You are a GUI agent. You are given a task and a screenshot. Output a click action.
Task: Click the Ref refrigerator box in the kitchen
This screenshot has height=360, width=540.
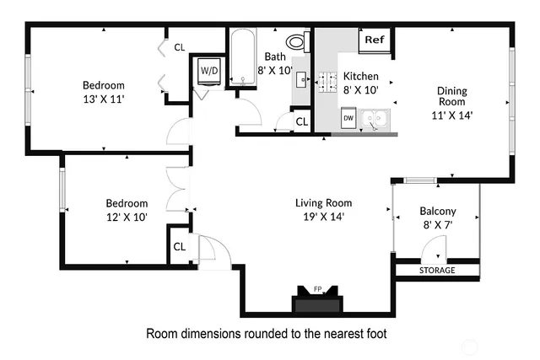[375, 40]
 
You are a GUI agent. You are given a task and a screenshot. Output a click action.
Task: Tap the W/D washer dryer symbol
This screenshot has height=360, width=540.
[208, 72]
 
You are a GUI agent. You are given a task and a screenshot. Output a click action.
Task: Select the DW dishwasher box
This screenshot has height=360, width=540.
[348, 120]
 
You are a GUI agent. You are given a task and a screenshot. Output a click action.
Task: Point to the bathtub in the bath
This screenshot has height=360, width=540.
[243, 58]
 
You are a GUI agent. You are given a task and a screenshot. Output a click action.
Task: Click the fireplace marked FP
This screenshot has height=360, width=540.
[317, 300]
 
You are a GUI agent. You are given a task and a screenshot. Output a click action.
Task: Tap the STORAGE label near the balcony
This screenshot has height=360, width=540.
[437, 271]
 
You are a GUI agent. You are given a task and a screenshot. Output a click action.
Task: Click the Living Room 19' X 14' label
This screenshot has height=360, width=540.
[323, 209]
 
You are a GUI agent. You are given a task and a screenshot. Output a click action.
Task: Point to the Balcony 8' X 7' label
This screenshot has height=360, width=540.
[437, 218]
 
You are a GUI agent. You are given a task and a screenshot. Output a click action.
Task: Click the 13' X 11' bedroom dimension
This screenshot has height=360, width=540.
[103, 99]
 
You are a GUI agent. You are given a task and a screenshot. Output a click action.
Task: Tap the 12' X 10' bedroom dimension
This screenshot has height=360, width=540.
[127, 217]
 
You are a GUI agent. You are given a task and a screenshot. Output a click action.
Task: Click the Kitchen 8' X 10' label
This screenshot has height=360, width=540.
[360, 83]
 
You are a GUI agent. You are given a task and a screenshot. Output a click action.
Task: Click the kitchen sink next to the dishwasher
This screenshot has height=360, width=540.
[374, 120]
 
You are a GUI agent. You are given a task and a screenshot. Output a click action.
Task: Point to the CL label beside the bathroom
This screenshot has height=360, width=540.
[301, 122]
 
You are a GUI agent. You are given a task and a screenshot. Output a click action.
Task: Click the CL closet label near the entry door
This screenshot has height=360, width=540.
[179, 246]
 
